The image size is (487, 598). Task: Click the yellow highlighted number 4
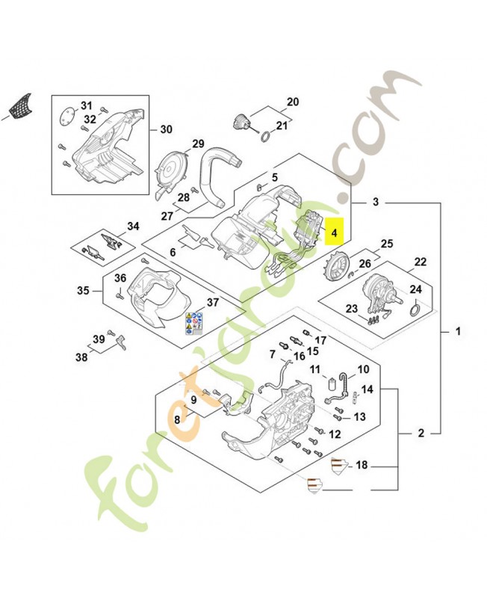pyautogui.click(x=335, y=233)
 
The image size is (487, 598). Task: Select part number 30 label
pyautogui.click(x=166, y=129)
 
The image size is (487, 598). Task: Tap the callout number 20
pyautogui.click(x=292, y=101)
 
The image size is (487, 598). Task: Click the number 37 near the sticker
pyautogui.click(x=213, y=302)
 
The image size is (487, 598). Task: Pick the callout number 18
pyautogui.click(x=362, y=466)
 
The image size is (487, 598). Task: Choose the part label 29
pyautogui.click(x=198, y=144)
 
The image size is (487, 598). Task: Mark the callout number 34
pyautogui.click(x=133, y=226)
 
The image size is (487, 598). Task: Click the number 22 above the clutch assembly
pyautogui.click(x=421, y=262)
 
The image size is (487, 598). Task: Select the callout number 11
pyautogui.click(x=315, y=369)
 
